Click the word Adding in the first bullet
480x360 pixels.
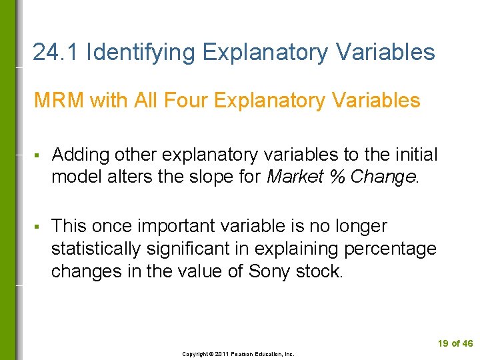click(x=81, y=155)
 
